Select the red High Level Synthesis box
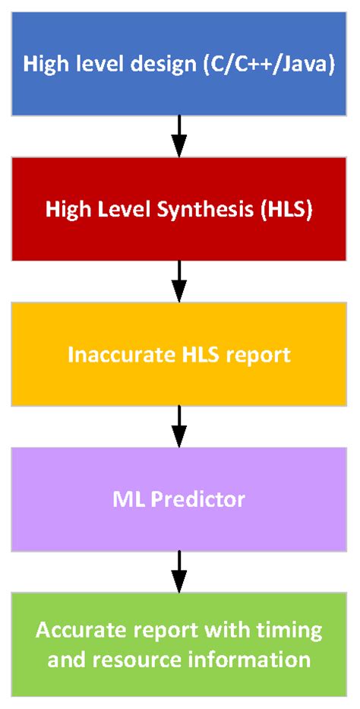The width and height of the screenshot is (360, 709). pyautogui.click(x=179, y=208)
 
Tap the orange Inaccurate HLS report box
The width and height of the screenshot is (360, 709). pyautogui.click(x=179, y=353)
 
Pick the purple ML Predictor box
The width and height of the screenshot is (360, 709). pyautogui.click(x=179, y=499)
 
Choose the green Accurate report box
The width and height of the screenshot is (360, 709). pyautogui.click(x=179, y=644)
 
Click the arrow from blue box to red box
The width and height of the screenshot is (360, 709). pyautogui.click(x=179, y=135)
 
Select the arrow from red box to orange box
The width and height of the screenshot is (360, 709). pyautogui.click(x=179, y=281)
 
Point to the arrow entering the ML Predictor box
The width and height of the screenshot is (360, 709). pyautogui.click(x=179, y=426)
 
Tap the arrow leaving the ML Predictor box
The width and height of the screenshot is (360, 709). pyautogui.click(x=179, y=571)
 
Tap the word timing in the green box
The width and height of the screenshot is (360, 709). pyautogui.click(x=299, y=630)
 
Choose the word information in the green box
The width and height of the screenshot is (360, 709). pyautogui.click(x=258, y=659)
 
